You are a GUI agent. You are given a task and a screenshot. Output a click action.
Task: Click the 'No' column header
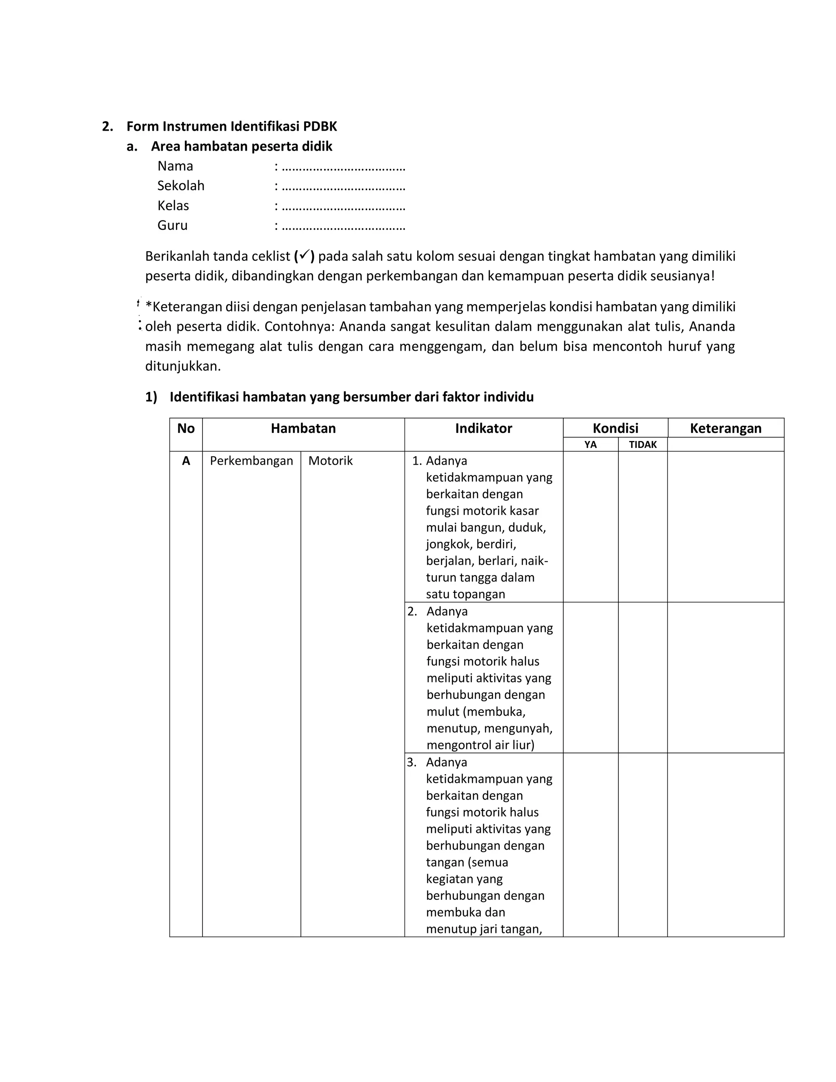[x=186, y=429]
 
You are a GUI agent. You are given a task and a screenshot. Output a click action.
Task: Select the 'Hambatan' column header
[x=303, y=429]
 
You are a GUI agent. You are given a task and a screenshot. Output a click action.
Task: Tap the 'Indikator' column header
[x=483, y=429]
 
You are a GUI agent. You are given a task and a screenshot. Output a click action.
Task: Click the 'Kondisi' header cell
[x=615, y=429]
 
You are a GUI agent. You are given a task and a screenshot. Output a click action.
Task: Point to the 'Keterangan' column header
[x=725, y=429]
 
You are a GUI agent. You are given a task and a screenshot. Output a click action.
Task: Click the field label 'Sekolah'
[x=181, y=186]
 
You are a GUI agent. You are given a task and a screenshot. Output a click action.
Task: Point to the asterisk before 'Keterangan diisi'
[x=148, y=306]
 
